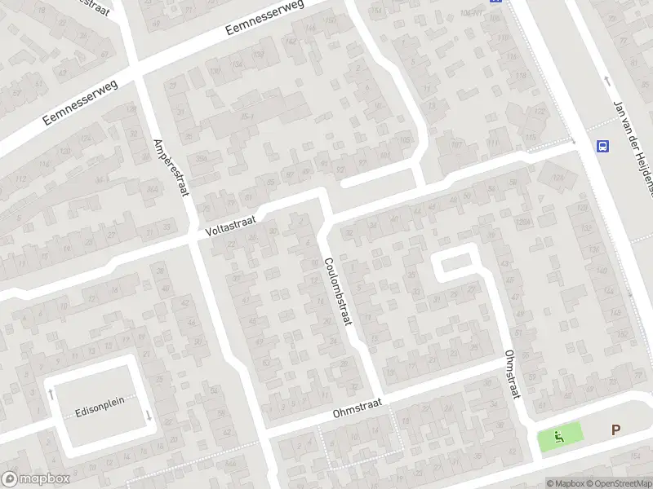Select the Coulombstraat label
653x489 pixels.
tap(336, 291)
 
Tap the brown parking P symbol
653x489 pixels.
tap(616, 430)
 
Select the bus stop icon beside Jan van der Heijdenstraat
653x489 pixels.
tap(602, 146)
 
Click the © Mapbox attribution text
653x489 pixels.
tap(566, 483)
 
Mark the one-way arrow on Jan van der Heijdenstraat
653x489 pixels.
tap(606, 81)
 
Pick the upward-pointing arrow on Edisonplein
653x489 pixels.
tap(51, 394)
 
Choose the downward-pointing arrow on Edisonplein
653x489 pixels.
tap(149, 416)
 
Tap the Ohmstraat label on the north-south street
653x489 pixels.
tap(512, 376)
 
